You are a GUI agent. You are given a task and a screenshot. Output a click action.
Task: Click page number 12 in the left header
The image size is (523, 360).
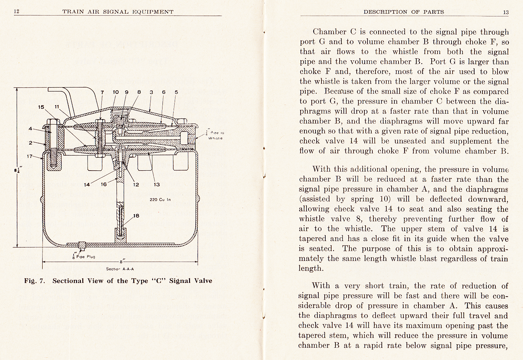pos(16,12)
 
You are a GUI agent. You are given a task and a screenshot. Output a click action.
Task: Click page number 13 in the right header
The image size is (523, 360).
pos(506,12)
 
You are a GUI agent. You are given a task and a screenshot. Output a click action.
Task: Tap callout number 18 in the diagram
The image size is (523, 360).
pos(136,216)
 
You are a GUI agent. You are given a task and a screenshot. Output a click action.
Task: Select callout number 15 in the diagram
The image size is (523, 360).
pos(41,107)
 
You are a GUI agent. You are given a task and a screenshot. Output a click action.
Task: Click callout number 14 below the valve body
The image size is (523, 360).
pos(87,185)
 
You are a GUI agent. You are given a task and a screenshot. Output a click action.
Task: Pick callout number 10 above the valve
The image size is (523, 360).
pos(116,92)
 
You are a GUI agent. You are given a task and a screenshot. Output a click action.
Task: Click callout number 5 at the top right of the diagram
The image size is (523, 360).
pos(176,92)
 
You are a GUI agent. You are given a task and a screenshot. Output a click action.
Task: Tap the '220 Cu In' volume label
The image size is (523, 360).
pos(160,200)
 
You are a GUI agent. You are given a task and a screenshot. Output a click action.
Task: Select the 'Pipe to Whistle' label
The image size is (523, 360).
pos(215,135)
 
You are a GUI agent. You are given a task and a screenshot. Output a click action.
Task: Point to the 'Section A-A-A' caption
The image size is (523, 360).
pos(120,269)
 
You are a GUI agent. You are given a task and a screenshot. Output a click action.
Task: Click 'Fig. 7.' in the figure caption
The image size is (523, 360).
pos(35,281)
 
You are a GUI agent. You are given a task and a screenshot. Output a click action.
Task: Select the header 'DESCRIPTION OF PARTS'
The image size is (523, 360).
pos(404,12)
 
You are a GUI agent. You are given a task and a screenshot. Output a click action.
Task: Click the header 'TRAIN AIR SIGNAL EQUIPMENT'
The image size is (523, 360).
pos(118,12)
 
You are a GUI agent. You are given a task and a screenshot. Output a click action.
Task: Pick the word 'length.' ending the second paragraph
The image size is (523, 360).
pos(311,268)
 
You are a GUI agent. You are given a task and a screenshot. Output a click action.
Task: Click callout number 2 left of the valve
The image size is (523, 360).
pos(31,142)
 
